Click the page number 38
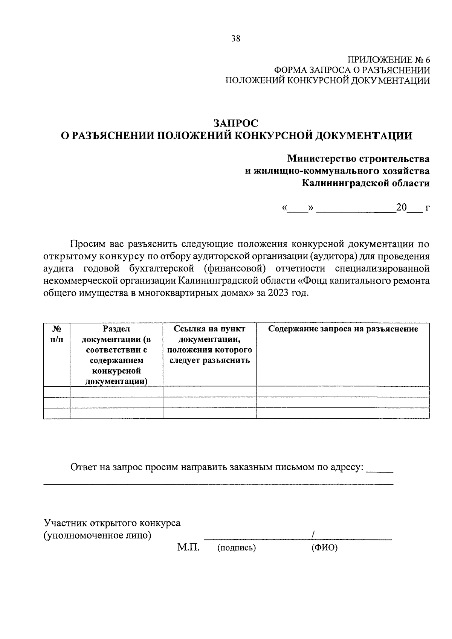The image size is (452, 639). pos(236,38)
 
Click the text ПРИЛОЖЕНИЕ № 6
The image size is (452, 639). pos(388,60)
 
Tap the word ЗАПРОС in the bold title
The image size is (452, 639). pos(236,123)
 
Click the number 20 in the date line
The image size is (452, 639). pos(401,207)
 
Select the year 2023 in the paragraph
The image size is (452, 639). pos(277,293)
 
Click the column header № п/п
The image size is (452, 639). pos(56,334)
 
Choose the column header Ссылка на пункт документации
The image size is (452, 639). pos(209,344)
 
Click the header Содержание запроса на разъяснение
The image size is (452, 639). pos(343,329)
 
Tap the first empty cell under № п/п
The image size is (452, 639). pos(56,392)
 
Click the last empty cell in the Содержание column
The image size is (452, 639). pos(343,413)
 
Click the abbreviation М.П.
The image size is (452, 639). pos(188,547)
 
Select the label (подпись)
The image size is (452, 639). pos(237,548)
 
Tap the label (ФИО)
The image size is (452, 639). pos(324,548)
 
